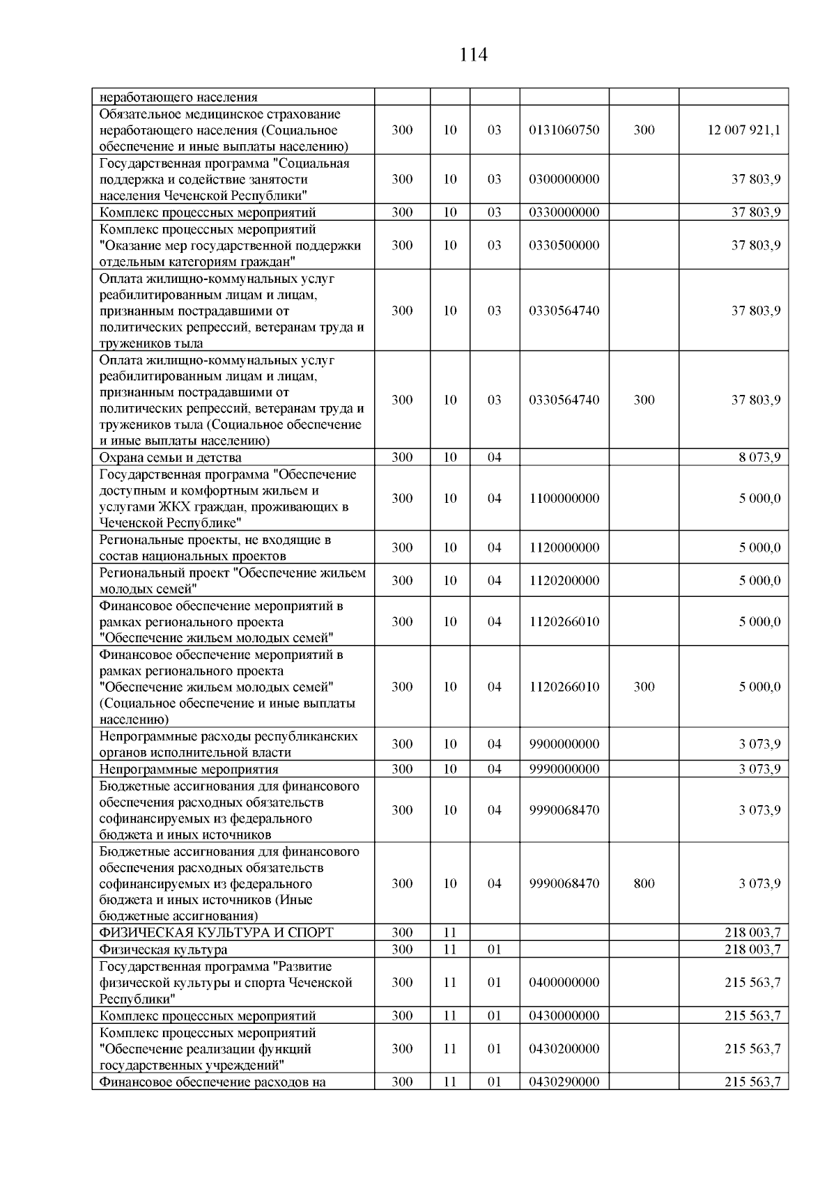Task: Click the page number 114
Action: (x=473, y=54)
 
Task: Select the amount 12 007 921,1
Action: (x=744, y=130)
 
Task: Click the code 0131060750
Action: (x=564, y=130)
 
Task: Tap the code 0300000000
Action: (x=564, y=179)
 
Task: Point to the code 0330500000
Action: (x=564, y=245)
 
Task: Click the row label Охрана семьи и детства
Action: (x=171, y=458)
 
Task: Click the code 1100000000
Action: (x=564, y=498)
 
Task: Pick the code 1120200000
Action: (x=564, y=580)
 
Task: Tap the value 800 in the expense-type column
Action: (x=644, y=883)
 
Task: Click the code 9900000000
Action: (x=564, y=744)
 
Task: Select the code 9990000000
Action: (x=564, y=769)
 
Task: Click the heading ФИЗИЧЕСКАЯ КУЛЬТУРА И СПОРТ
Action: (x=216, y=932)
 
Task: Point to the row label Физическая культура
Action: (x=163, y=949)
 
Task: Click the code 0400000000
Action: (x=564, y=982)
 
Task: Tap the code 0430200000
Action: (x=564, y=1048)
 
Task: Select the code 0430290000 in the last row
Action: (x=564, y=1082)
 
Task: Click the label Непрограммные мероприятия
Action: (x=189, y=769)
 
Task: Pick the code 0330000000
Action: (x=564, y=212)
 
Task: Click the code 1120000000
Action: (x=564, y=547)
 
